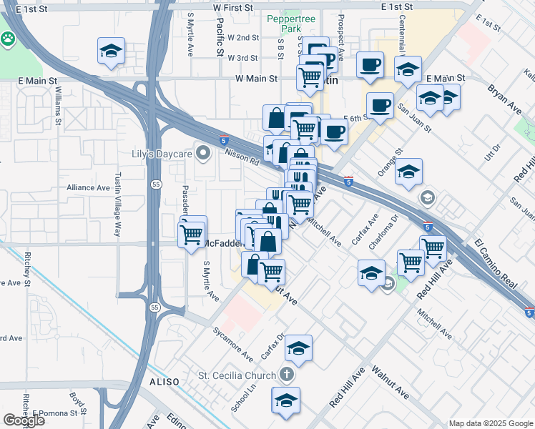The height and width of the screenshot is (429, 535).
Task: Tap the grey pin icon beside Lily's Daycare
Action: [x=204, y=152]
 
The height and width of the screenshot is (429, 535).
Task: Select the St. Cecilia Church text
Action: [x=237, y=375]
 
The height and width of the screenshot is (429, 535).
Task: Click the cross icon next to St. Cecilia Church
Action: [x=287, y=375]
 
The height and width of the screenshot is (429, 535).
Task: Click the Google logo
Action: [x=24, y=420]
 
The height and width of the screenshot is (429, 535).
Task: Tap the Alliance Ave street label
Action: [x=88, y=187]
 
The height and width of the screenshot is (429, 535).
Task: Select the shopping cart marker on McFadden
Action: [x=192, y=233]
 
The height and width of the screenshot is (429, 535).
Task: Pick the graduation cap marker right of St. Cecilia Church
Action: [x=298, y=350]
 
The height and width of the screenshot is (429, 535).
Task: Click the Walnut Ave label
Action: [x=390, y=382]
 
